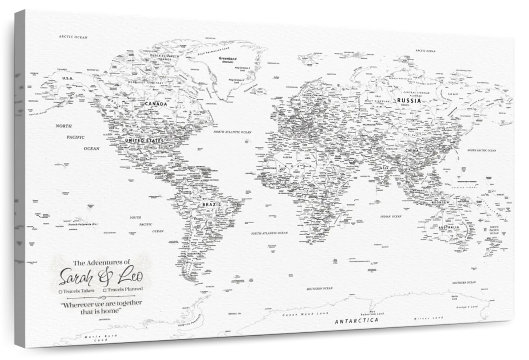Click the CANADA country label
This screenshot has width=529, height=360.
pos(156,104)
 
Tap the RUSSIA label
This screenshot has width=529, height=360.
pos(409,101)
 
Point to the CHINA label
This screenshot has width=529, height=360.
pos(414,151)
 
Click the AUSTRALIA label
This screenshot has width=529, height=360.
pos(449,228)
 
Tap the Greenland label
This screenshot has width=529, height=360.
pos(228,59)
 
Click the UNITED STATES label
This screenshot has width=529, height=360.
pos(144,140)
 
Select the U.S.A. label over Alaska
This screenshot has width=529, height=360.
pos(67,78)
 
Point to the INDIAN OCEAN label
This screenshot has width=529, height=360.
pos(391,217)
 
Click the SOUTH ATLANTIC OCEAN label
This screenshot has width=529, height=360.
pos(269,233)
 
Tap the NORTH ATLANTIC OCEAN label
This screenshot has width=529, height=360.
pos(232,132)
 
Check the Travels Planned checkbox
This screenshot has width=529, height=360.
pos(105,290)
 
